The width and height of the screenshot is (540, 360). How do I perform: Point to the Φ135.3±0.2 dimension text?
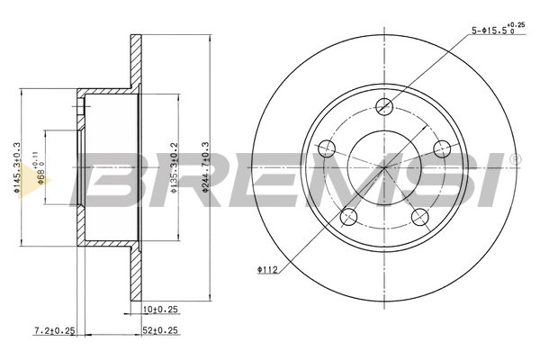click(x=174, y=167)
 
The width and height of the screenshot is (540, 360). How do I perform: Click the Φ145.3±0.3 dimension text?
click(x=16, y=166)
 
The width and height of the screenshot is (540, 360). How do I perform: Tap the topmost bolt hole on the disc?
click(x=384, y=104)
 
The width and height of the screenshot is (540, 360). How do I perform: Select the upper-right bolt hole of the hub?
click(x=441, y=148)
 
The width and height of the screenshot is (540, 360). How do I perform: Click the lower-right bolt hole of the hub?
click(x=418, y=215)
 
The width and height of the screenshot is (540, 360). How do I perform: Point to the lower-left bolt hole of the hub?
click(x=348, y=215)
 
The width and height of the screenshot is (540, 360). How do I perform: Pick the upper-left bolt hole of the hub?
click(x=328, y=148)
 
